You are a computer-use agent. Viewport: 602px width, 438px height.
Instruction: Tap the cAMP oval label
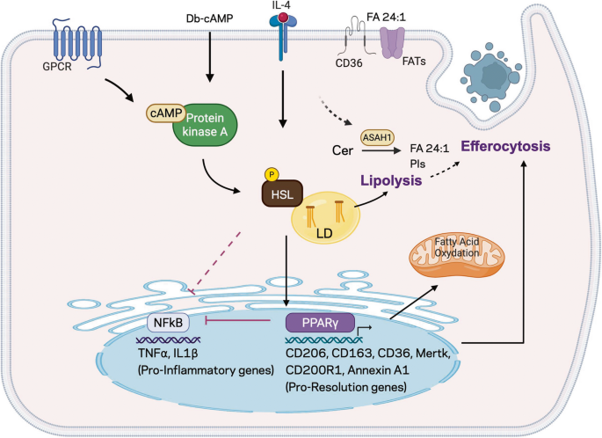click(x=166, y=113)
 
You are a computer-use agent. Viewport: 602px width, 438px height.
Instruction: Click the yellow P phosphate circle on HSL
click(x=272, y=175)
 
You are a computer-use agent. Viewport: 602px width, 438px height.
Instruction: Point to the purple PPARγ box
click(x=320, y=323)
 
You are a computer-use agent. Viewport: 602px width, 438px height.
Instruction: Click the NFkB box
click(x=169, y=323)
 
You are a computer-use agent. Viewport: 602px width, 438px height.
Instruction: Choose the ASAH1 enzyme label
click(x=377, y=137)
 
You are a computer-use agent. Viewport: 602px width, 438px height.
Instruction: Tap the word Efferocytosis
click(x=505, y=146)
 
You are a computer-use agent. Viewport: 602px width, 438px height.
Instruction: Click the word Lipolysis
click(x=391, y=180)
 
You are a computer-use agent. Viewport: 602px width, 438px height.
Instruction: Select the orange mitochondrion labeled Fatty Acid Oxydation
click(x=457, y=252)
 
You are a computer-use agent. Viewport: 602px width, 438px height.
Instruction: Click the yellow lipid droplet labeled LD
click(x=326, y=218)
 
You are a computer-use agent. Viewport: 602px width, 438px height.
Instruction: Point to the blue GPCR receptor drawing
click(x=76, y=43)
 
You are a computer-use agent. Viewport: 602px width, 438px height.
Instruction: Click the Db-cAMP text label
click(x=210, y=18)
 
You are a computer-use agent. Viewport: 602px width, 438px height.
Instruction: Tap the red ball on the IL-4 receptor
click(x=283, y=18)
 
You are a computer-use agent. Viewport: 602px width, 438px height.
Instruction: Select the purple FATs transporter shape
click(x=392, y=42)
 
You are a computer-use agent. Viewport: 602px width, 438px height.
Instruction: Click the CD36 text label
click(x=349, y=63)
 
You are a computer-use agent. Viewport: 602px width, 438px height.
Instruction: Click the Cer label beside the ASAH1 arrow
click(x=343, y=150)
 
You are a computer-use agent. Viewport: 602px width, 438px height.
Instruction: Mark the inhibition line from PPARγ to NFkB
click(x=238, y=320)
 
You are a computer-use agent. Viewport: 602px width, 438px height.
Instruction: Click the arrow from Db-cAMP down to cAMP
click(x=210, y=56)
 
